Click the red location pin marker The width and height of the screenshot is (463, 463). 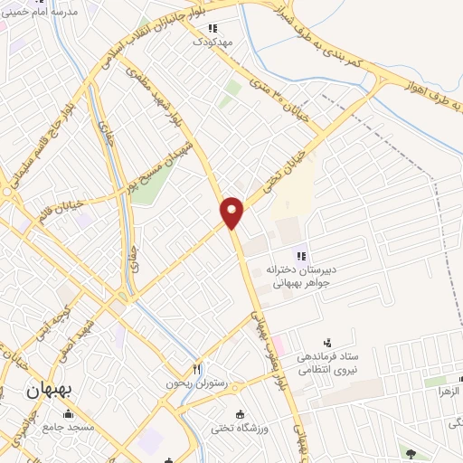(232, 212)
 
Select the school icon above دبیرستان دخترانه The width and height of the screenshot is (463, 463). (301, 256)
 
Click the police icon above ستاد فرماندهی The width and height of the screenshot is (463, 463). (327, 342)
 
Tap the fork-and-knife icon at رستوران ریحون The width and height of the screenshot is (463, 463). (196, 369)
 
